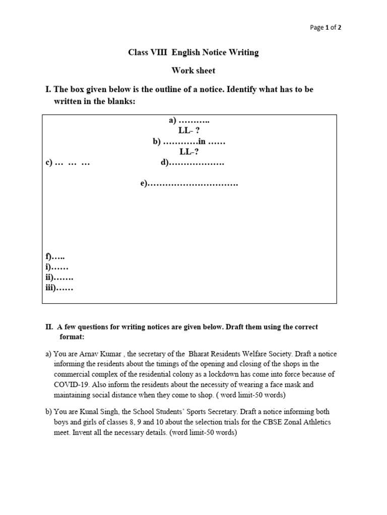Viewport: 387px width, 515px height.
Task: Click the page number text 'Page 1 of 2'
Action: coord(326,28)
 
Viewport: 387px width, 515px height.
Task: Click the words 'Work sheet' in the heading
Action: coord(193,71)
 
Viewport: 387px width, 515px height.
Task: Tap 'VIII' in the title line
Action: coord(161,53)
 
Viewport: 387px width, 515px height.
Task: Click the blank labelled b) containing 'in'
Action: coord(189,142)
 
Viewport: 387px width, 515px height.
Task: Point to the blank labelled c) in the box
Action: coord(68,163)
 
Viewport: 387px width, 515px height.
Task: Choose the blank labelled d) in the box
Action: coord(192,163)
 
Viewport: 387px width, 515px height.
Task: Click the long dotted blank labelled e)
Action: coord(189,184)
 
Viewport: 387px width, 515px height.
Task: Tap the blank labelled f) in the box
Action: coord(55,257)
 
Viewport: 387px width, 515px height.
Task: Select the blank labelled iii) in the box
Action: coord(59,288)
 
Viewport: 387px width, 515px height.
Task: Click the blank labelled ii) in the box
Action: coord(59,278)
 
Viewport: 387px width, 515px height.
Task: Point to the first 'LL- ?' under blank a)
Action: coord(189,131)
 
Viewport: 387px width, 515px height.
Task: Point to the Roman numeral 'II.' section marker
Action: coord(49,327)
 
